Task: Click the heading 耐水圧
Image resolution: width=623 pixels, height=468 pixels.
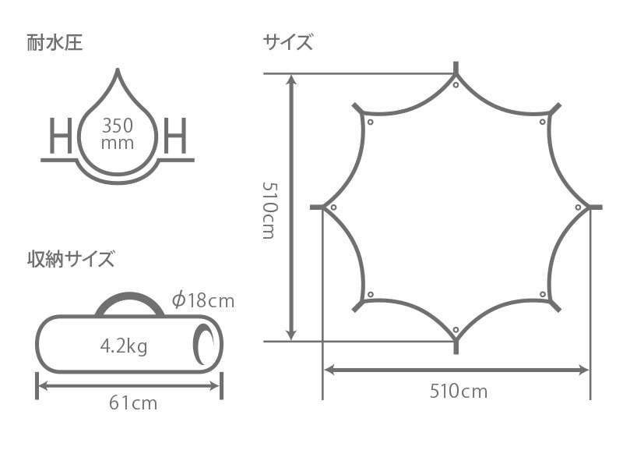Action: [55, 43]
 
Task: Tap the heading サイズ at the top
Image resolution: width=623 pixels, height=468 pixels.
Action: [287, 42]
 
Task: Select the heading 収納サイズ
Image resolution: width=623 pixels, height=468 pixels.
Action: [71, 259]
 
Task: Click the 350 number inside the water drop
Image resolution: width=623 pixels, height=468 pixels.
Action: [118, 126]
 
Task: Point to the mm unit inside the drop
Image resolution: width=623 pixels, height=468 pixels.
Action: [118, 144]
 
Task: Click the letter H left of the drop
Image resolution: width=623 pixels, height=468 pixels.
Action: [61, 136]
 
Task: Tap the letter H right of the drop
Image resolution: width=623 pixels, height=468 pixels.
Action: [175, 136]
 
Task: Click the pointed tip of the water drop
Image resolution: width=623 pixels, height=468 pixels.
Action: [118, 69]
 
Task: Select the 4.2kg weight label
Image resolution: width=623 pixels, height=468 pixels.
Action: [124, 346]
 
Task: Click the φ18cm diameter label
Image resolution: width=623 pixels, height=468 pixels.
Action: [203, 300]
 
